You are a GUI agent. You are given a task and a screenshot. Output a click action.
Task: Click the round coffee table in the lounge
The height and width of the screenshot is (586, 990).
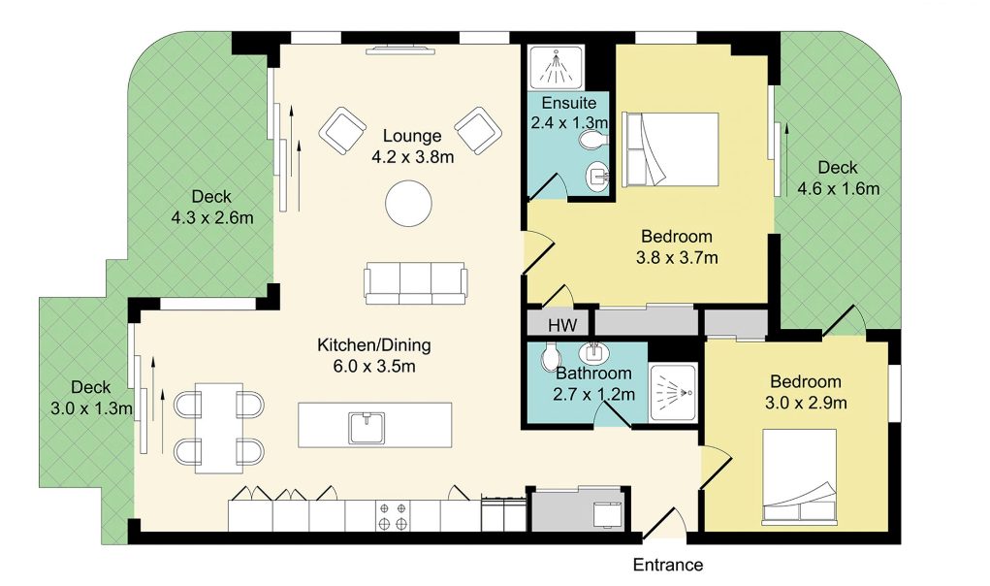[408, 204]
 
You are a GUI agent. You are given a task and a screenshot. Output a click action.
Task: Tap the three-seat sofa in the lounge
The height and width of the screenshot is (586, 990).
[415, 283]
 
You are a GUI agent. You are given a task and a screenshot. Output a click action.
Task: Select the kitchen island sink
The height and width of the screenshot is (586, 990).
[367, 428]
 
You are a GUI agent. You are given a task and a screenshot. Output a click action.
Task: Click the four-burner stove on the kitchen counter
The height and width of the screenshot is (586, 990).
[392, 515]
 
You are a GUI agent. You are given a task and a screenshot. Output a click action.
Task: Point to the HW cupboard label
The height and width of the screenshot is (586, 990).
[562, 325]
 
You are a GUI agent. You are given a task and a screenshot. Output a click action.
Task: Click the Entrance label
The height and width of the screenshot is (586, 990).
[668, 565]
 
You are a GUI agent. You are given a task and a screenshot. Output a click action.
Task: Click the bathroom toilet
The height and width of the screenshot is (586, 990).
[550, 357]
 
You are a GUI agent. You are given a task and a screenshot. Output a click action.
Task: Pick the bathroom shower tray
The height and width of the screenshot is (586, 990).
[673, 393]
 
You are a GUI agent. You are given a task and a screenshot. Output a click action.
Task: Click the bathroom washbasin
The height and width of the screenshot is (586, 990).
[593, 350]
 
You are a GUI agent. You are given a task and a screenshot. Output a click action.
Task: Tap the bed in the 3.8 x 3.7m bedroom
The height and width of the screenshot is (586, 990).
[670, 149]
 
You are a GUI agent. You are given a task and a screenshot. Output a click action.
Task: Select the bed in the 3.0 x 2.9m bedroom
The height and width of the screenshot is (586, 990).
[799, 477]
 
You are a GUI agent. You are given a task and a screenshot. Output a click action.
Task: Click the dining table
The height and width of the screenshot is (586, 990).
[218, 428]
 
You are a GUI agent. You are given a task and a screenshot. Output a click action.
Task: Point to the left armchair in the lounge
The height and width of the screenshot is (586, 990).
[343, 131]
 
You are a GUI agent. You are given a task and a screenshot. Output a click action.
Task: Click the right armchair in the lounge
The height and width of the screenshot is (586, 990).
[478, 131]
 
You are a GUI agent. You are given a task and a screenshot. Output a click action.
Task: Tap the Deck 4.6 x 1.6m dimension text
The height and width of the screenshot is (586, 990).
[839, 189]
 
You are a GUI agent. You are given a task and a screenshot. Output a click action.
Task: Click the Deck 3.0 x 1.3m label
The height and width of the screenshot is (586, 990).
[91, 398]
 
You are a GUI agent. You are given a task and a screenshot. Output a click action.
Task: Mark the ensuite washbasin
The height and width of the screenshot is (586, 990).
[597, 175]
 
